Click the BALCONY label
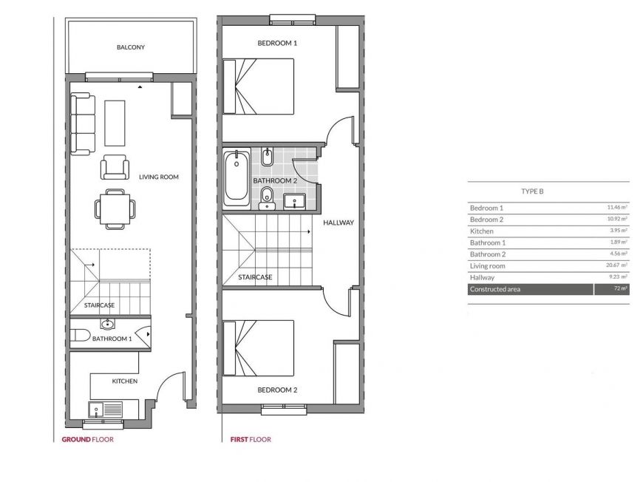pos(130,47)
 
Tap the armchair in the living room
pos(115,167)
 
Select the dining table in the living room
pos(115,209)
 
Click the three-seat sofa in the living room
pos(83,124)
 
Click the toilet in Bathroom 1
pos(80,335)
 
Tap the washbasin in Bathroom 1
pos(107,325)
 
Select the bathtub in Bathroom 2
pos(237,178)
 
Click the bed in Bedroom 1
pos(259,86)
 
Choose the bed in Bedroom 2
pos(259,348)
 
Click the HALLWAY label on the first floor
pos(338,223)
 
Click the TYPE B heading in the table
pos(532,191)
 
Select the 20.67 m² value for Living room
pos(616,265)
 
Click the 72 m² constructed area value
pos(621,288)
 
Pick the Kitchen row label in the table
pos(481,231)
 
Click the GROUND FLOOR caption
pos(88,439)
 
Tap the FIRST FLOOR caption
pos(251,439)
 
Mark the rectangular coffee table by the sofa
pos(115,123)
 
